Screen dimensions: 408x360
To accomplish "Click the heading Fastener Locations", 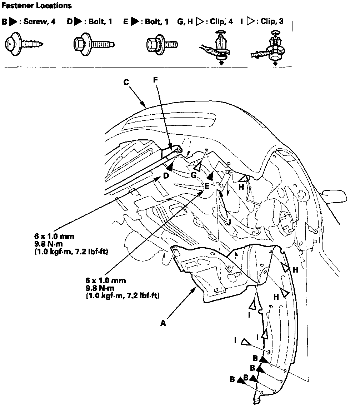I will coord(36,6).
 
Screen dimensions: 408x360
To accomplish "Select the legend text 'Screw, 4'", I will coord(39,22).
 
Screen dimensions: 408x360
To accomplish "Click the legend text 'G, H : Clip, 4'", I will coord(205,22).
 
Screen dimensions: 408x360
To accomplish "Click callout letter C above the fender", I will coord(126,82).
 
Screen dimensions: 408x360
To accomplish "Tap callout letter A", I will coord(163,323).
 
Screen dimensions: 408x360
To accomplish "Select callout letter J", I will coord(229,221).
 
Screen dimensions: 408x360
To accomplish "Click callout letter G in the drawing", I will coord(194,175).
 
